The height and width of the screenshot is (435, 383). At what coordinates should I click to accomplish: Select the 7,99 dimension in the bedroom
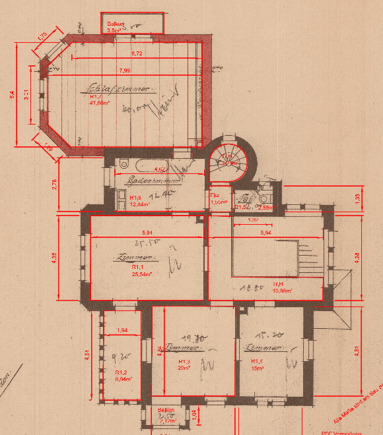tap(124, 71)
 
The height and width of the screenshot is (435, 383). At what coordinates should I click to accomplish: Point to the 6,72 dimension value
tap(137, 53)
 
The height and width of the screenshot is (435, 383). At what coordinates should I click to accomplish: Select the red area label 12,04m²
tap(139, 204)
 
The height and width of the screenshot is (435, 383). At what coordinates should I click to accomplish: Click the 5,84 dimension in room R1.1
tap(147, 233)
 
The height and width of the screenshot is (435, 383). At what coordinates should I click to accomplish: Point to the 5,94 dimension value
tap(266, 233)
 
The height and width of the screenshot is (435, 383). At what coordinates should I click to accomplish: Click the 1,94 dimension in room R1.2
tap(122, 330)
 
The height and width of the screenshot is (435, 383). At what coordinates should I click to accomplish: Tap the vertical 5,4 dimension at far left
tap(11, 96)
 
